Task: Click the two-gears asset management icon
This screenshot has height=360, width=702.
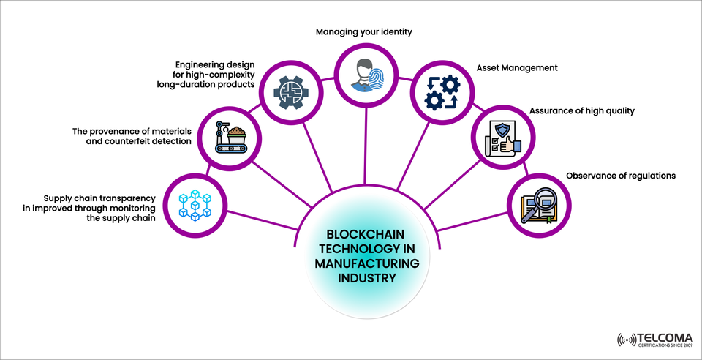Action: pyautogui.click(x=437, y=92)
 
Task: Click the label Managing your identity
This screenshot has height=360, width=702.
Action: pyautogui.click(x=364, y=32)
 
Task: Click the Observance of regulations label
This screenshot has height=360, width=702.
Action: pyautogui.click(x=620, y=176)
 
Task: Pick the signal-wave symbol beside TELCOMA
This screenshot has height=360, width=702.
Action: pyautogui.click(x=627, y=340)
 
